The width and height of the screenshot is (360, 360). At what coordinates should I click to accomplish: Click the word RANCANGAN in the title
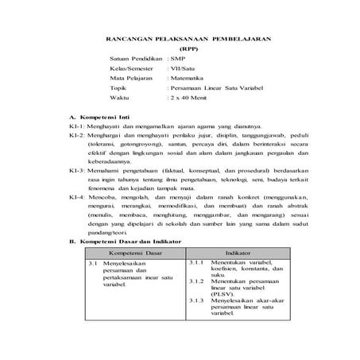131,37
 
